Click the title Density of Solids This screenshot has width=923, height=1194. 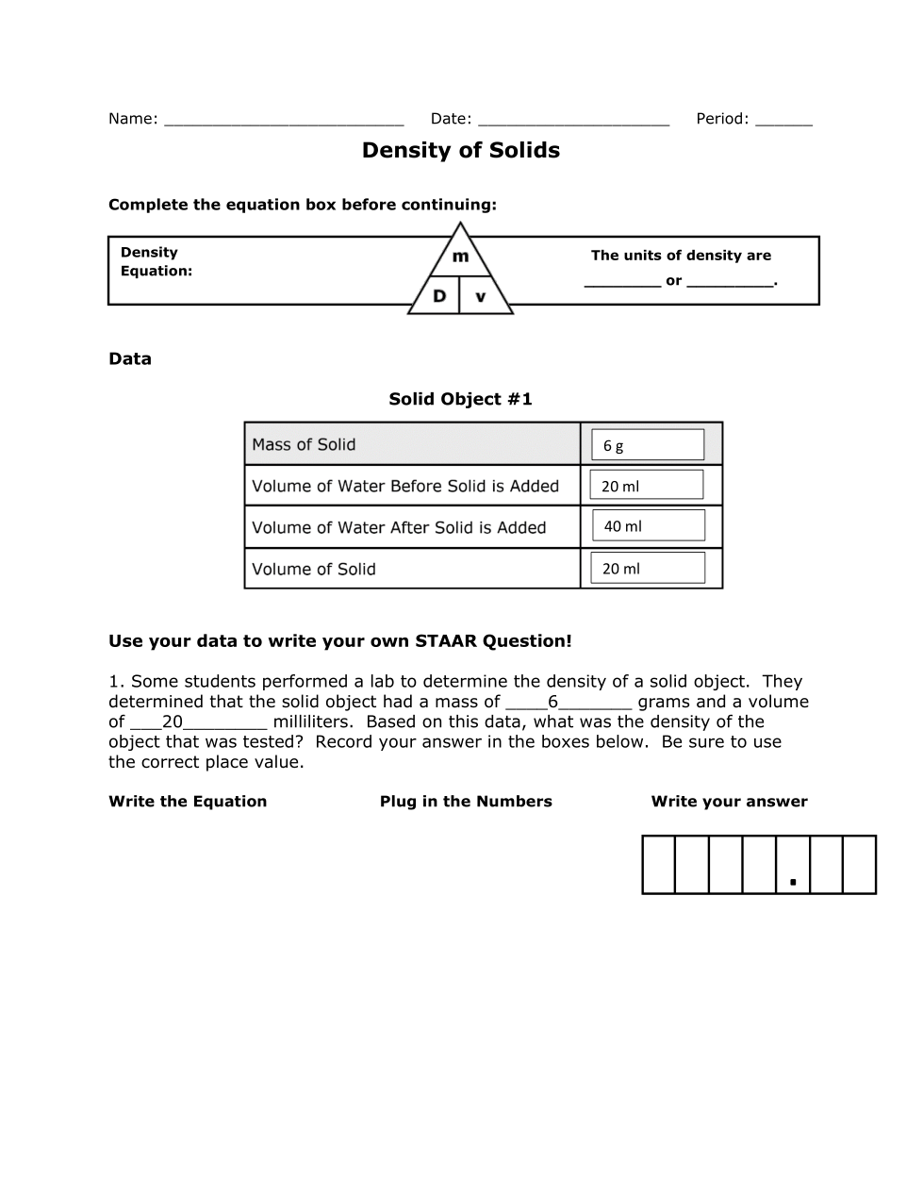coord(460,151)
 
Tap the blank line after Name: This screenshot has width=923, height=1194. coord(283,121)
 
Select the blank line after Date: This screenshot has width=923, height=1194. coord(573,121)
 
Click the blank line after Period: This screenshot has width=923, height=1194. coord(783,121)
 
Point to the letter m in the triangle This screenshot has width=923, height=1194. coord(460,257)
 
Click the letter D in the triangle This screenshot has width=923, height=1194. coord(439,296)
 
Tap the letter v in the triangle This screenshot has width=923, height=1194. coord(481,297)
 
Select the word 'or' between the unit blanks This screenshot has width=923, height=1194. coord(673,281)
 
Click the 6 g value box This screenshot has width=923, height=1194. coord(647,445)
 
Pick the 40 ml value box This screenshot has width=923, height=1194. coord(648,526)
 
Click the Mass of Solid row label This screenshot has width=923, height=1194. coord(304,444)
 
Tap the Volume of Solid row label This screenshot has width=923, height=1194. coord(314,570)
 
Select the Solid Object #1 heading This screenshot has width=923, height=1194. coord(460,399)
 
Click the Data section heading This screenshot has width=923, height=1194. coord(130,359)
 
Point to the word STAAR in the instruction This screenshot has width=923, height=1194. coord(446,641)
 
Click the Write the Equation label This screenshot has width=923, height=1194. coord(188,802)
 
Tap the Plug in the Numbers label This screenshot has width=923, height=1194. coord(466,802)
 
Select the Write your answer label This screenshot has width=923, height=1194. coord(729,802)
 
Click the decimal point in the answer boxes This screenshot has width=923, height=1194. coord(793,883)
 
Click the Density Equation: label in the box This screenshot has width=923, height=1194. coord(156,261)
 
